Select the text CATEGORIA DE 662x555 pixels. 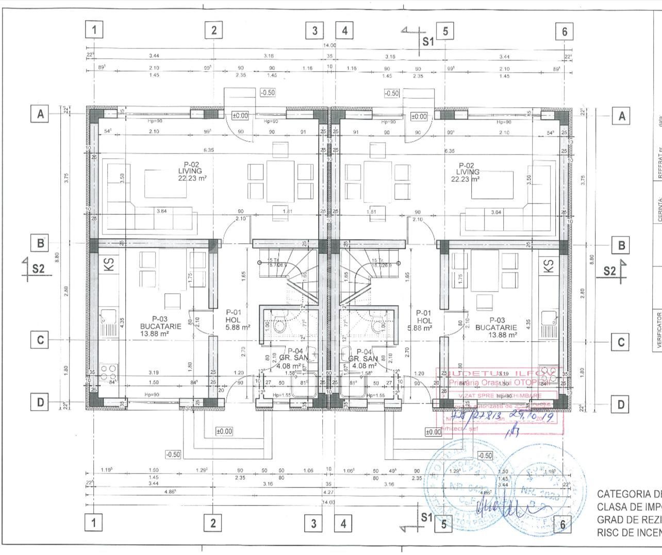(629, 494)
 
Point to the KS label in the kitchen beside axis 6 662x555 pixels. (549, 265)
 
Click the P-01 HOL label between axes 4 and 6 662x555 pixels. (423, 320)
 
